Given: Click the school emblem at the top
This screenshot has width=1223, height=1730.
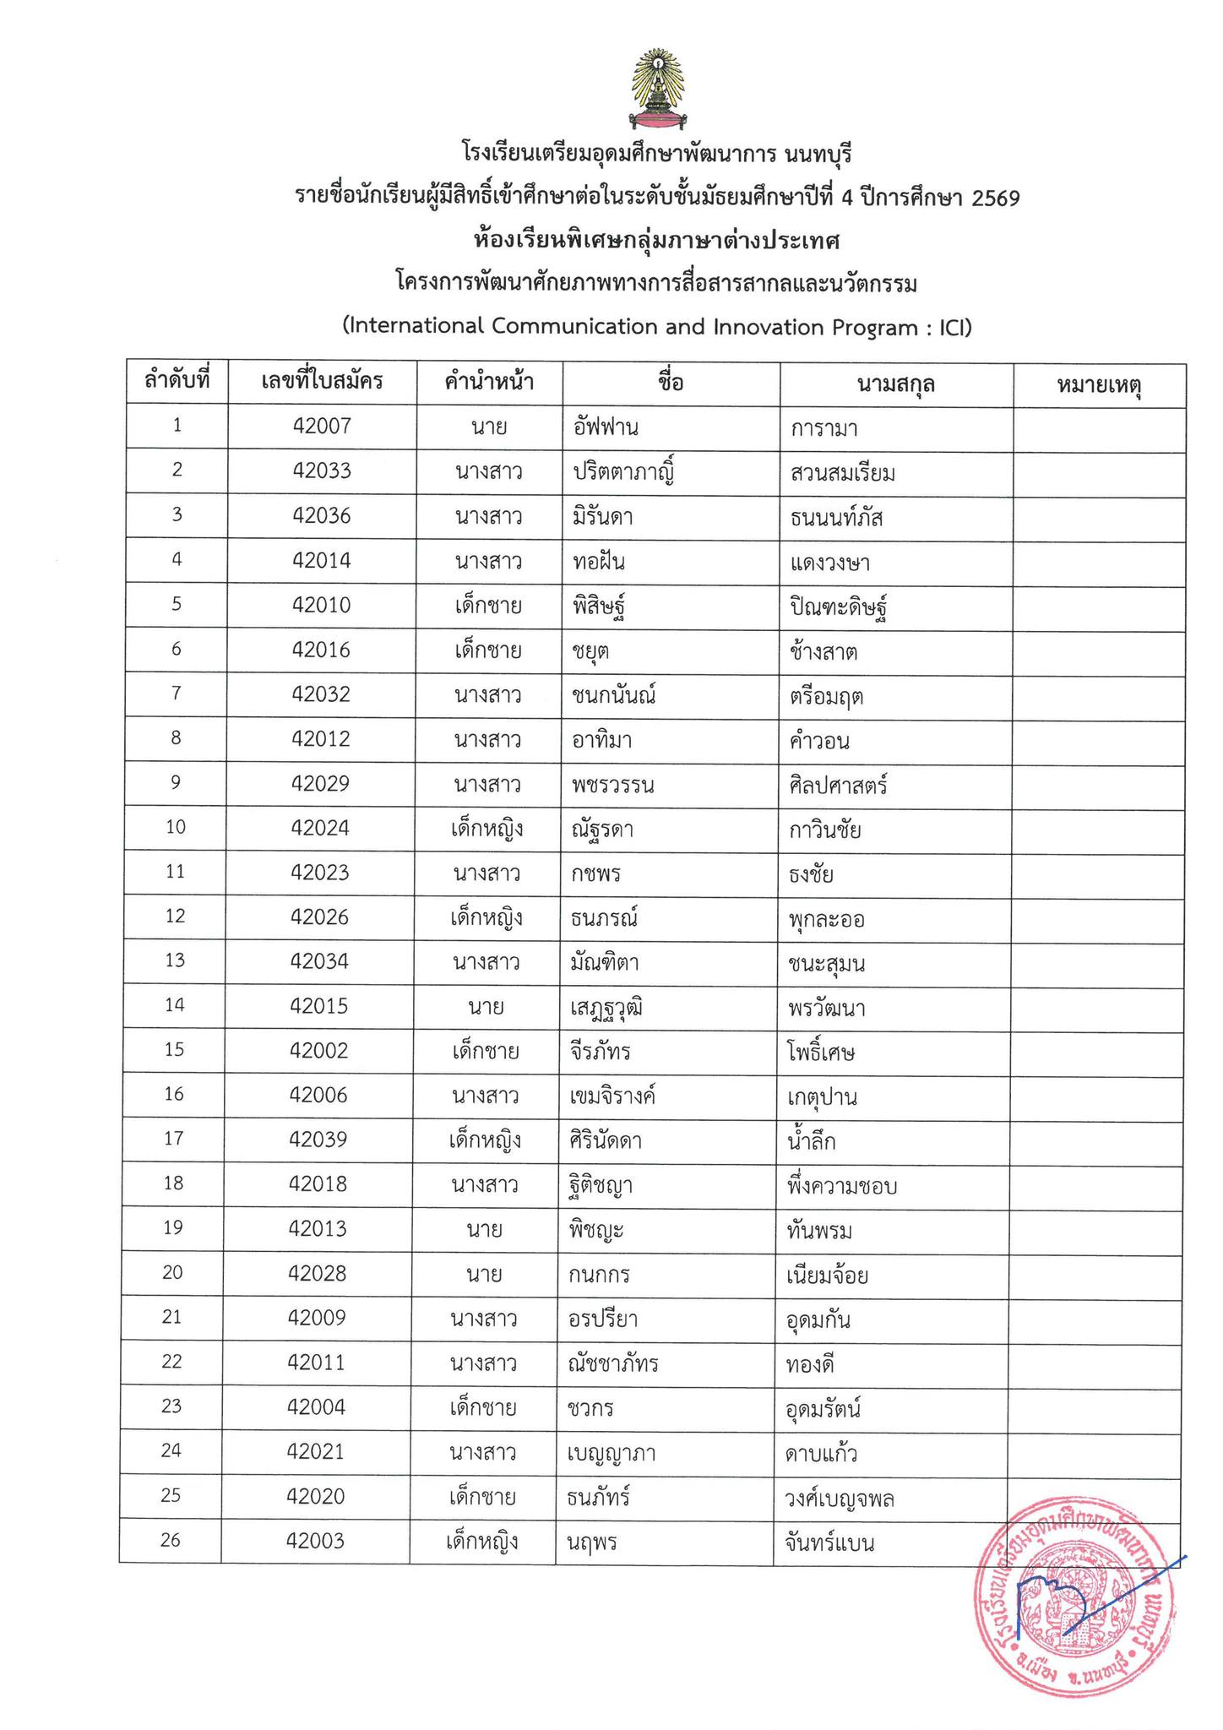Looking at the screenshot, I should [x=655, y=91].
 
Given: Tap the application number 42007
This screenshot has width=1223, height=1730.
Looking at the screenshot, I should [x=321, y=426].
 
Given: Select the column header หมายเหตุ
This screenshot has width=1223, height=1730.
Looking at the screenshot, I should [x=1099, y=385].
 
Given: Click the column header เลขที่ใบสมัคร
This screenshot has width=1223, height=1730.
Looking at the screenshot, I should [x=322, y=382].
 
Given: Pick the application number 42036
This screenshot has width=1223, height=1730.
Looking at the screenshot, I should [x=321, y=515].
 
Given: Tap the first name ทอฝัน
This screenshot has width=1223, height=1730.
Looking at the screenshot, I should [x=599, y=561].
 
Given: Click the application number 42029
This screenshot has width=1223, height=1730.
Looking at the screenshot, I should [x=320, y=784].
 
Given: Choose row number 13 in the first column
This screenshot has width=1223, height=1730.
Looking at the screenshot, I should [x=174, y=961].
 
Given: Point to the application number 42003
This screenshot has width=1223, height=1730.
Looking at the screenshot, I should [x=316, y=1541].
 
